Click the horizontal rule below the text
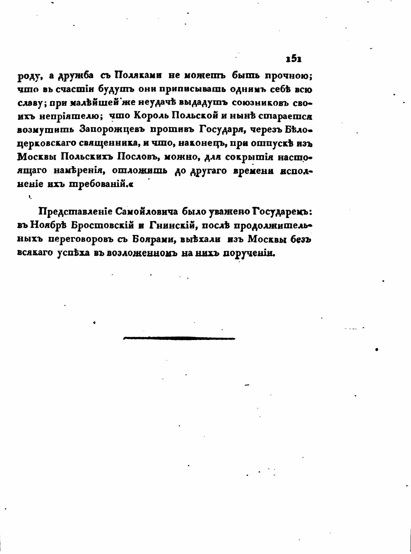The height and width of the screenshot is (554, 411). pos(179,338)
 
